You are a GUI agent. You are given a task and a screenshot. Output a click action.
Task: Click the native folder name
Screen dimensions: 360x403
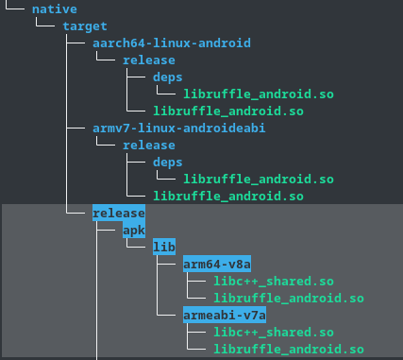54,9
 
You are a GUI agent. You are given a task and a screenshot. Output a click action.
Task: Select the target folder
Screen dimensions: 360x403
85,26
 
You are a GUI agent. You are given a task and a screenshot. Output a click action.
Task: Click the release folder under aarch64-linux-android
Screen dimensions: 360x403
149,60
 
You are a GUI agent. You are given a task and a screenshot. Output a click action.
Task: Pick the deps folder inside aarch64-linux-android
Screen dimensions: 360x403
168,77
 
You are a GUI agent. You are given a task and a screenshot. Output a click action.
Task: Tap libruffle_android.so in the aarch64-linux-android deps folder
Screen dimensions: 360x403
259,94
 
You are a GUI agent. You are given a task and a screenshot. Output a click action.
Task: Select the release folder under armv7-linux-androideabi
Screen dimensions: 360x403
149,145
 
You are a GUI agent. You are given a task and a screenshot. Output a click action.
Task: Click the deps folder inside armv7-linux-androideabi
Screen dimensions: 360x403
168,162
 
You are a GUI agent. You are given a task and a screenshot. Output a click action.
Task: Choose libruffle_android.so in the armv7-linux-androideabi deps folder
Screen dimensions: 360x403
259,179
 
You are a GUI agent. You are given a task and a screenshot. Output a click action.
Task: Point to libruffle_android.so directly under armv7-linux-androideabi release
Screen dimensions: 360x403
228,196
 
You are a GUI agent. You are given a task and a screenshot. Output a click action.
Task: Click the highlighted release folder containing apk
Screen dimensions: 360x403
119,213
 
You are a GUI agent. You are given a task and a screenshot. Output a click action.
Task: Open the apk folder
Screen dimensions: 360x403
134,230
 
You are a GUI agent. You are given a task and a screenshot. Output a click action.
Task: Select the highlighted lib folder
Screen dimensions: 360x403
164,247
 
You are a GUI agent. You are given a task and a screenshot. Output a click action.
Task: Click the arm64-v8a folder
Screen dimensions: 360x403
217,264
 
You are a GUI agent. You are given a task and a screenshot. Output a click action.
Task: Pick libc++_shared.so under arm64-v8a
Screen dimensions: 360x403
274,281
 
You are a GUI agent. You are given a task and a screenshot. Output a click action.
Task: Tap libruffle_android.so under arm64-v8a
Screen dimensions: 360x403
289,298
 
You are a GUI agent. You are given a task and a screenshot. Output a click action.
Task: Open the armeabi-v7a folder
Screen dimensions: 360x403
225,315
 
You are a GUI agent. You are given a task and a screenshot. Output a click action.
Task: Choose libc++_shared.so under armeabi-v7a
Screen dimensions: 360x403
274,332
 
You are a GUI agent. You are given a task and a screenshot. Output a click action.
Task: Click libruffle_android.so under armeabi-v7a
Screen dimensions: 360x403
289,349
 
